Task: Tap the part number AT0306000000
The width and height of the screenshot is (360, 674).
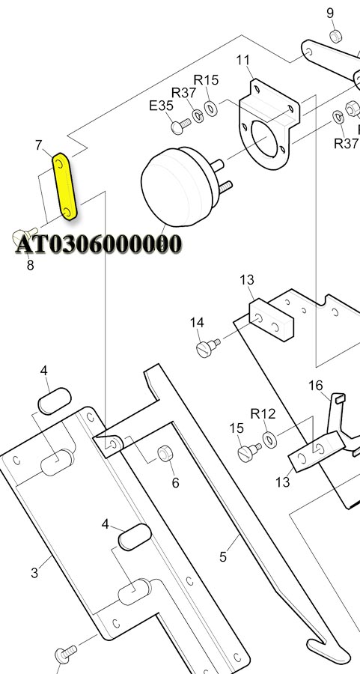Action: click(x=98, y=244)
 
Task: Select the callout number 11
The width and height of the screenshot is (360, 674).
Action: click(x=242, y=60)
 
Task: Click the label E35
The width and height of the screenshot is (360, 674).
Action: click(x=161, y=106)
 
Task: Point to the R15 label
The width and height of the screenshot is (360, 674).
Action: click(x=206, y=80)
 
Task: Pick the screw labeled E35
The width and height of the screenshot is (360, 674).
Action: click(x=180, y=126)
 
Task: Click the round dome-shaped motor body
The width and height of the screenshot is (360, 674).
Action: click(x=177, y=186)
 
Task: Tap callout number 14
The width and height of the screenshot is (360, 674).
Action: click(x=197, y=322)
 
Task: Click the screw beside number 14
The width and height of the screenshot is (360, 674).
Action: click(x=208, y=347)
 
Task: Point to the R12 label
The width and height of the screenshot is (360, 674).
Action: click(x=263, y=413)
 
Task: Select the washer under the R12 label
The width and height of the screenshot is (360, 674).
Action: click(x=269, y=440)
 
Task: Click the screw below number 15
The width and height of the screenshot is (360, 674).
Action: click(x=249, y=452)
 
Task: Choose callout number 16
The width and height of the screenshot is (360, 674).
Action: click(x=316, y=385)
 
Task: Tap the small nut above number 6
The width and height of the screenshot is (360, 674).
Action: click(x=165, y=454)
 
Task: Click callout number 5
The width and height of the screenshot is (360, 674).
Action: click(x=222, y=557)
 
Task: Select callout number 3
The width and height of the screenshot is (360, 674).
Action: click(x=34, y=573)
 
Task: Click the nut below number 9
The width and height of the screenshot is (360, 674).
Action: click(x=336, y=36)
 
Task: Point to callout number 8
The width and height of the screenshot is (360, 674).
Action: click(x=30, y=265)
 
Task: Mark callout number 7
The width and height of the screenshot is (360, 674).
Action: click(x=39, y=145)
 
